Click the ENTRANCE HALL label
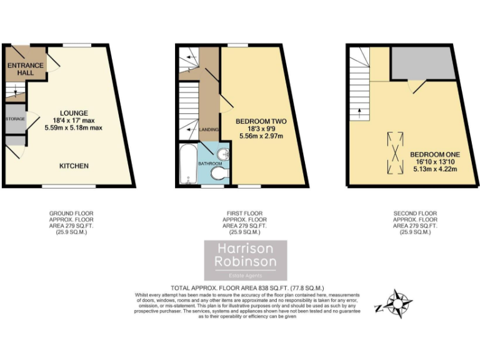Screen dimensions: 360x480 26,69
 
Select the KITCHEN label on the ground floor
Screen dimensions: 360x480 74,166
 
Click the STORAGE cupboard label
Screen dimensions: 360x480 15,119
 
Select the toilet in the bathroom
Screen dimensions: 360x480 218,173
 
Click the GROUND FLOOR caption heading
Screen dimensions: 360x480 71,214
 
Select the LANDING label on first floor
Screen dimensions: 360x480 209,129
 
